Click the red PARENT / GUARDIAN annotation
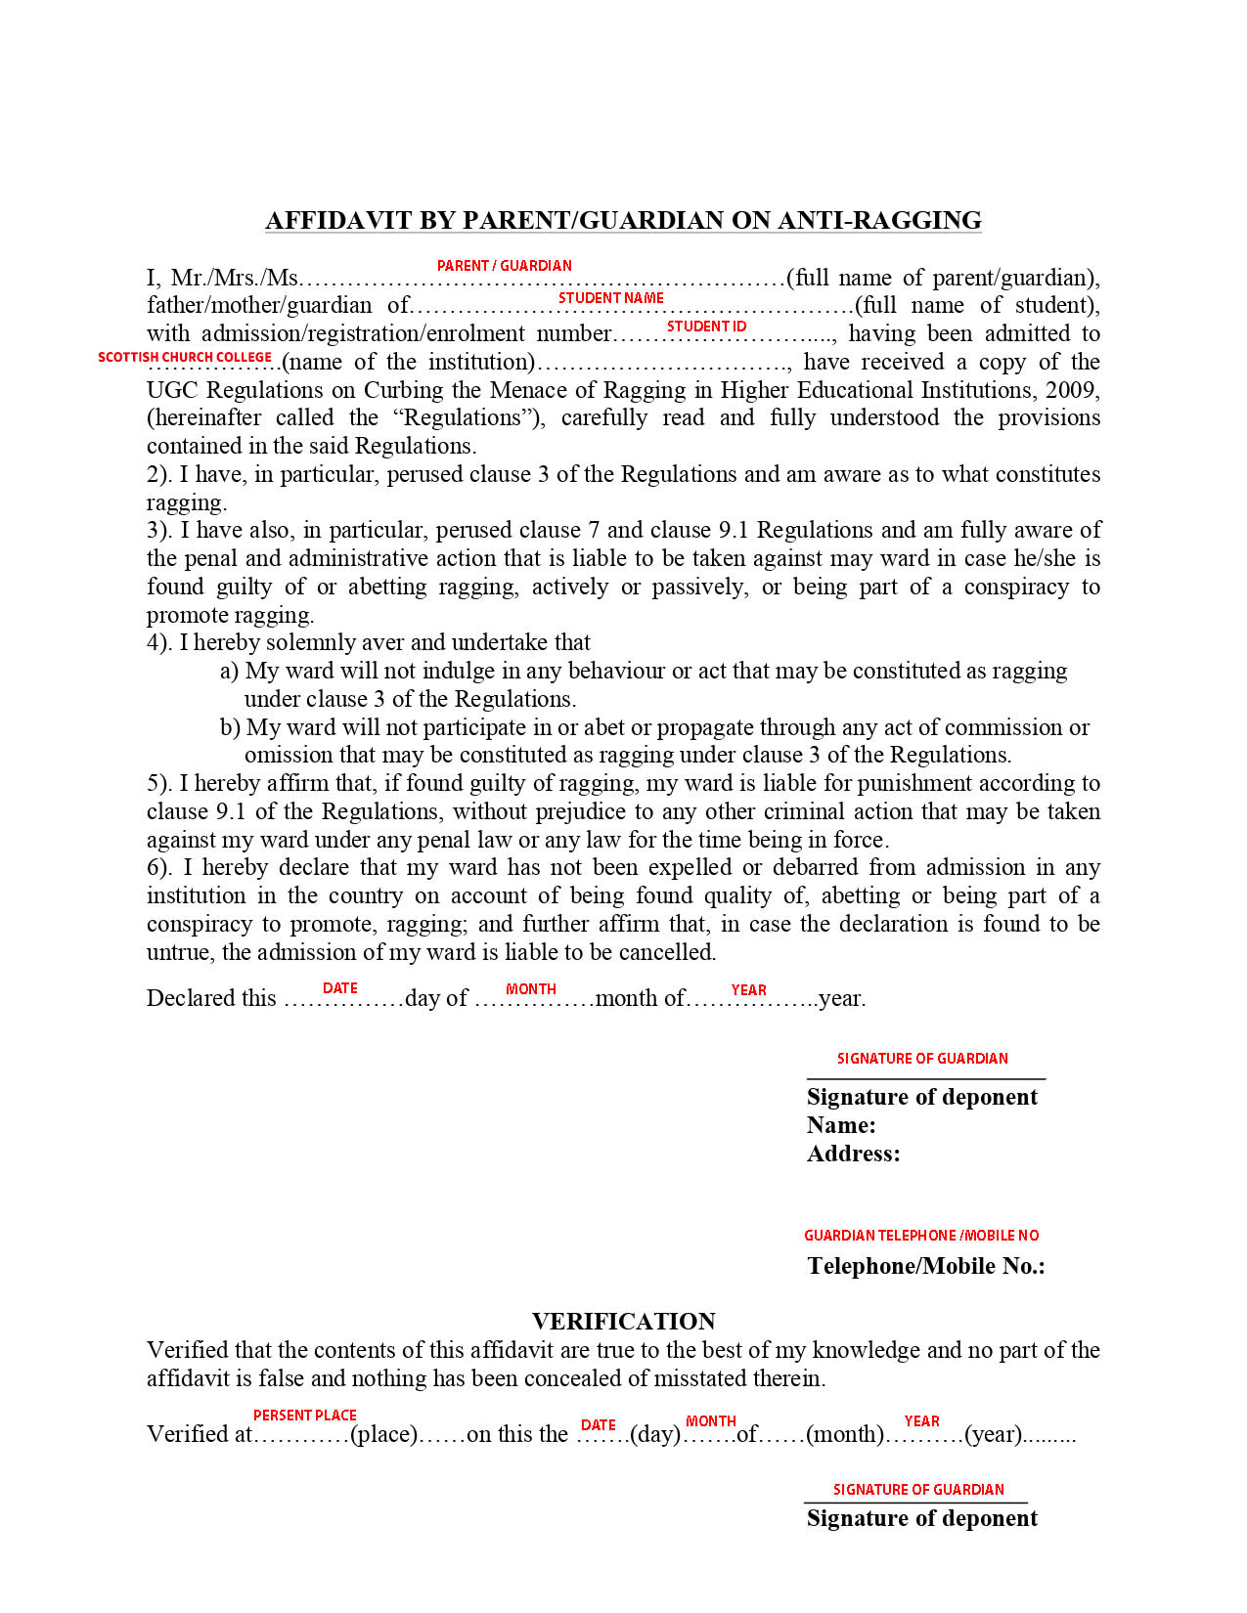[504, 266]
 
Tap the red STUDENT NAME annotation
[610, 298]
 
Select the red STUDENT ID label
[706, 327]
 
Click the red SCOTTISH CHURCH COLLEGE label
[185, 358]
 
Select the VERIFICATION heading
[623, 1322]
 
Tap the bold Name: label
[841, 1125]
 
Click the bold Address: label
[853, 1154]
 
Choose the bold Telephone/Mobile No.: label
[926, 1266]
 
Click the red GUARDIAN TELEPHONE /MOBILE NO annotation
[921, 1236]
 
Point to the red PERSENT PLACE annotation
[304, 1416]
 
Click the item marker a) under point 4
[229, 671]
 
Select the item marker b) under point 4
[230, 727]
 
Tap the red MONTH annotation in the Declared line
[530, 989]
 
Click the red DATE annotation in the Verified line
[598, 1425]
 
